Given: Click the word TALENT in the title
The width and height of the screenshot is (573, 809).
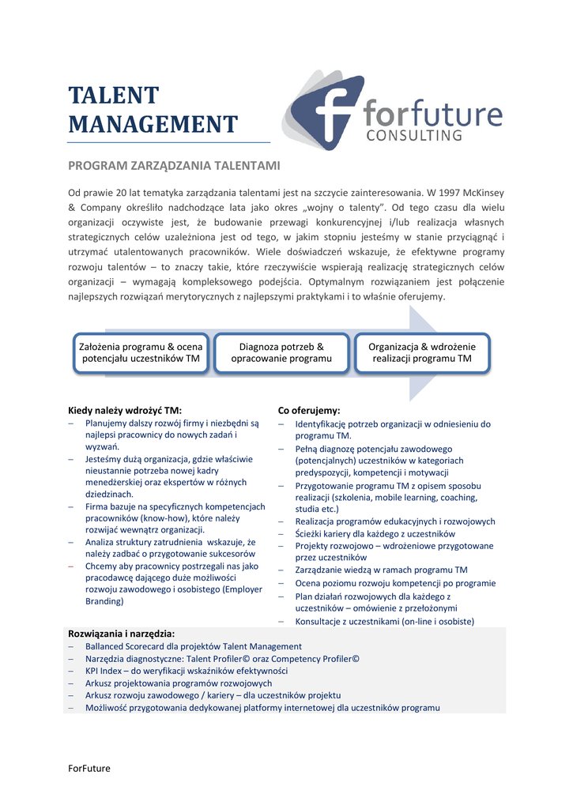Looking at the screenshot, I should [x=113, y=96].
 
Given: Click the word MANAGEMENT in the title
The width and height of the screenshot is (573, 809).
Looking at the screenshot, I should [x=153, y=125].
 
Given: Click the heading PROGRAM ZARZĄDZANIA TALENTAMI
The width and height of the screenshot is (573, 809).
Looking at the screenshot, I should [x=174, y=166].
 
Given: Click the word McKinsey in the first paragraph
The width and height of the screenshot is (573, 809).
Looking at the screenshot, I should [x=484, y=193].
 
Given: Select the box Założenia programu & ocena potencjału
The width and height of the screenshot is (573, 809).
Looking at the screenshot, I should [x=141, y=352].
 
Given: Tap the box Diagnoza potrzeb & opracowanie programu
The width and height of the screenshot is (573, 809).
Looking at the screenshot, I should [x=281, y=352].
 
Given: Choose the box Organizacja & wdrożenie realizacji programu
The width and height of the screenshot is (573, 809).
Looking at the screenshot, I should [x=422, y=352].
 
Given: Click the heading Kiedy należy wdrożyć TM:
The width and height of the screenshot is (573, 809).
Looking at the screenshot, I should [x=125, y=410].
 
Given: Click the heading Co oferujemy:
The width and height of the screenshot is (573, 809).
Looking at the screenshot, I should [x=309, y=410].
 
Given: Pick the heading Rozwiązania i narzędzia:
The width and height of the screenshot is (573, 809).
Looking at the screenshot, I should [x=122, y=634].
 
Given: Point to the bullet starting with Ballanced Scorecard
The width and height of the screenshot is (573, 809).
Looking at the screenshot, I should [x=194, y=646].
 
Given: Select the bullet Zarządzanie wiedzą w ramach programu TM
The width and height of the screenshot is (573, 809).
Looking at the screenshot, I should [x=381, y=570].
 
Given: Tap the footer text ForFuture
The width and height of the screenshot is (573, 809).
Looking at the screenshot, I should [x=89, y=768].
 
